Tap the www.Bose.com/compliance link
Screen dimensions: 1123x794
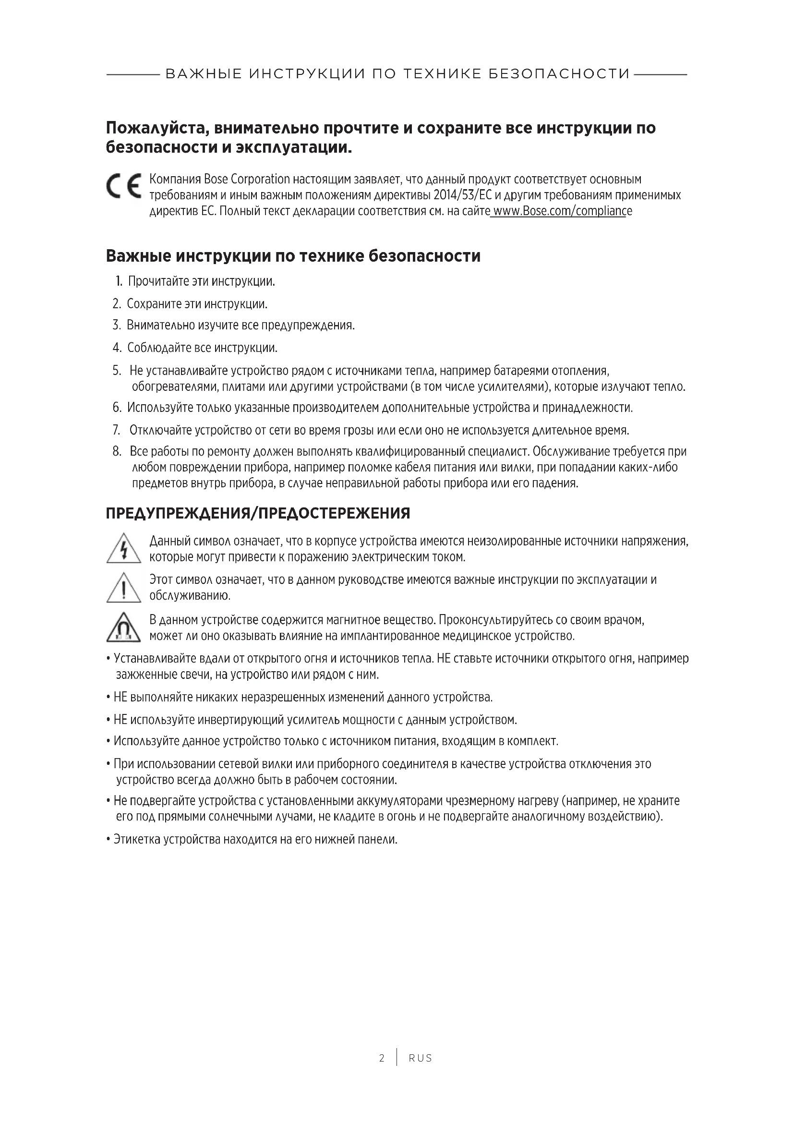point(561,211)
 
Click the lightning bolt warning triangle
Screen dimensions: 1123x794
point(123,549)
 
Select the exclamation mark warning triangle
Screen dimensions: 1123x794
point(123,588)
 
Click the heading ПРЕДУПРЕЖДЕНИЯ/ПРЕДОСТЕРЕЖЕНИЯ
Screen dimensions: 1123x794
point(258,514)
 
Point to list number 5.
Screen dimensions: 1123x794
point(117,371)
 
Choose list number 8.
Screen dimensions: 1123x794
point(117,451)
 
